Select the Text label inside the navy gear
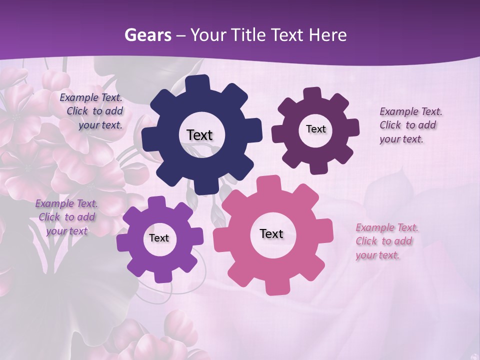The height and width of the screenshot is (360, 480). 199,135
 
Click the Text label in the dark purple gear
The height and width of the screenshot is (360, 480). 315,129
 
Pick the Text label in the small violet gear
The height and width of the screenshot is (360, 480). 158,238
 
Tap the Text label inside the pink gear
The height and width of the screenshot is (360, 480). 271,233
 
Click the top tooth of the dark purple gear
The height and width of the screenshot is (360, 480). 312,94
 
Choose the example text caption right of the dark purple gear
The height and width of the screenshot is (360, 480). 410,125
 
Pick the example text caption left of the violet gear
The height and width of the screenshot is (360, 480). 66,217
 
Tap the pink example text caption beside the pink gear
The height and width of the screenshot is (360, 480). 386,241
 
